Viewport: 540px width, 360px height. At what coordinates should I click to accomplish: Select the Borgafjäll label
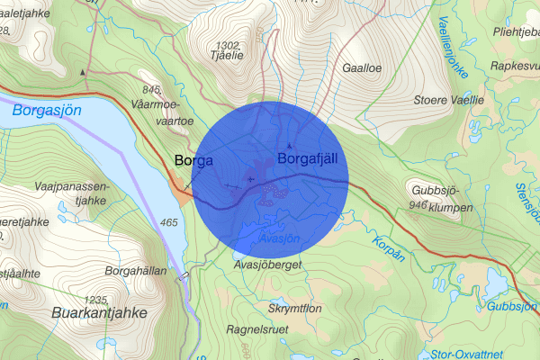[311, 159]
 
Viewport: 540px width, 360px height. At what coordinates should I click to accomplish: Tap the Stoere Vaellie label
[448, 100]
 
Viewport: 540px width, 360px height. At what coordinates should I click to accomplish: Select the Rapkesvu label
[514, 66]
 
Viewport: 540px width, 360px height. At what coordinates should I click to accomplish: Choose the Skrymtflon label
[294, 307]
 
